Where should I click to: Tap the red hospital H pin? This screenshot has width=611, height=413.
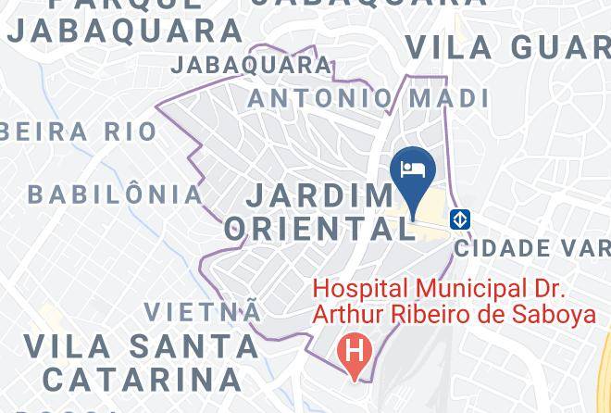[x=353, y=351]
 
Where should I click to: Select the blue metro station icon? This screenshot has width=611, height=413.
[x=460, y=219]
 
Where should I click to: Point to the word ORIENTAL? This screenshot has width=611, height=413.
[x=319, y=229]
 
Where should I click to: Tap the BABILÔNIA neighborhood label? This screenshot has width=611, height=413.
[x=116, y=194]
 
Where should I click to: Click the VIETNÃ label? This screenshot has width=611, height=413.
[x=203, y=311]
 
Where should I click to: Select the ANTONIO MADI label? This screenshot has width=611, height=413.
[x=368, y=98]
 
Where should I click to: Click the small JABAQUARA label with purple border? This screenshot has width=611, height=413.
[x=251, y=65]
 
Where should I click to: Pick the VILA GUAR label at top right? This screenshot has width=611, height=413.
[x=507, y=46]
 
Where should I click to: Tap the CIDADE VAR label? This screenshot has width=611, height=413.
[x=531, y=248]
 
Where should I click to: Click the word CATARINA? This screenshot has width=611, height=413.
[x=142, y=379]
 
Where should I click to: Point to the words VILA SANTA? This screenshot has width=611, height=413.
[x=141, y=346]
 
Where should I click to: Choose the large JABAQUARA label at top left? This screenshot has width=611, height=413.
[x=124, y=31]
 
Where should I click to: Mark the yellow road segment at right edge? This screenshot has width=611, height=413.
[x=605, y=357]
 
